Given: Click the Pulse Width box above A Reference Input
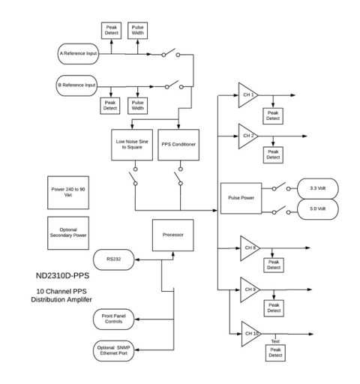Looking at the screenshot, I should pyautogui.click(x=139, y=31).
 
